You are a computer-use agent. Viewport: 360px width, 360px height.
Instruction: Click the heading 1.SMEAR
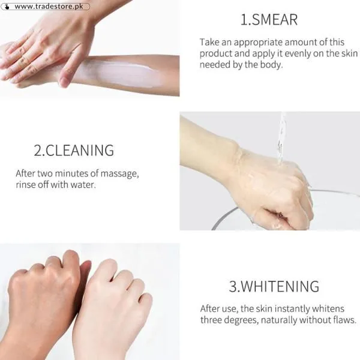(268, 20)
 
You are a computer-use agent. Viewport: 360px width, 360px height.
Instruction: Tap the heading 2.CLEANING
(73, 150)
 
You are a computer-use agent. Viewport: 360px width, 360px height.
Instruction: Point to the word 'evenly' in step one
(305, 53)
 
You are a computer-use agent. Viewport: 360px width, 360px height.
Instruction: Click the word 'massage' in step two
(119, 173)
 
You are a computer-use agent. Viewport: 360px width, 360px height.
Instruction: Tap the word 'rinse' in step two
(26, 185)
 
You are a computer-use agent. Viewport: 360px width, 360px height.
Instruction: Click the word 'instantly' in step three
(292, 308)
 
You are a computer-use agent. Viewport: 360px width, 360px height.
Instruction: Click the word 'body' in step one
(268, 65)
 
